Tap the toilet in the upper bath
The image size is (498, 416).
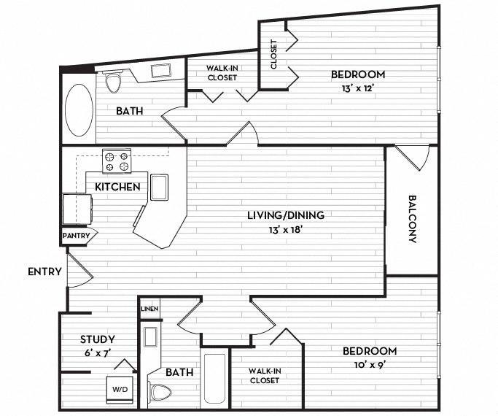click(x=112, y=82)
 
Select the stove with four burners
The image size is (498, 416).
click(x=117, y=161)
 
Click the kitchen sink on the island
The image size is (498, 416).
click(x=159, y=187)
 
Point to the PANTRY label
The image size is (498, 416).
click(x=76, y=236)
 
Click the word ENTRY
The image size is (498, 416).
click(x=44, y=272)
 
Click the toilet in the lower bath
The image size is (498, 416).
click(x=157, y=393)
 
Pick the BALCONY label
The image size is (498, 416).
click(x=412, y=218)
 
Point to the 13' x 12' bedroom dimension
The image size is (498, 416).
click(x=357, y=88)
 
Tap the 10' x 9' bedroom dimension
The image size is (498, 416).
click(x=370, y=364)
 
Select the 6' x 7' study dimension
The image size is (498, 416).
click(x=98, y=353)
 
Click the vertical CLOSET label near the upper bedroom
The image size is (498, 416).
click(x=274, y=53)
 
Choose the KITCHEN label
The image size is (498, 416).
click(x=117, y=187)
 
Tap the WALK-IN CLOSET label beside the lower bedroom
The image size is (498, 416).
click(x=264, y=375)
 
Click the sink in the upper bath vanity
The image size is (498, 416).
click(x=160, y=72)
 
